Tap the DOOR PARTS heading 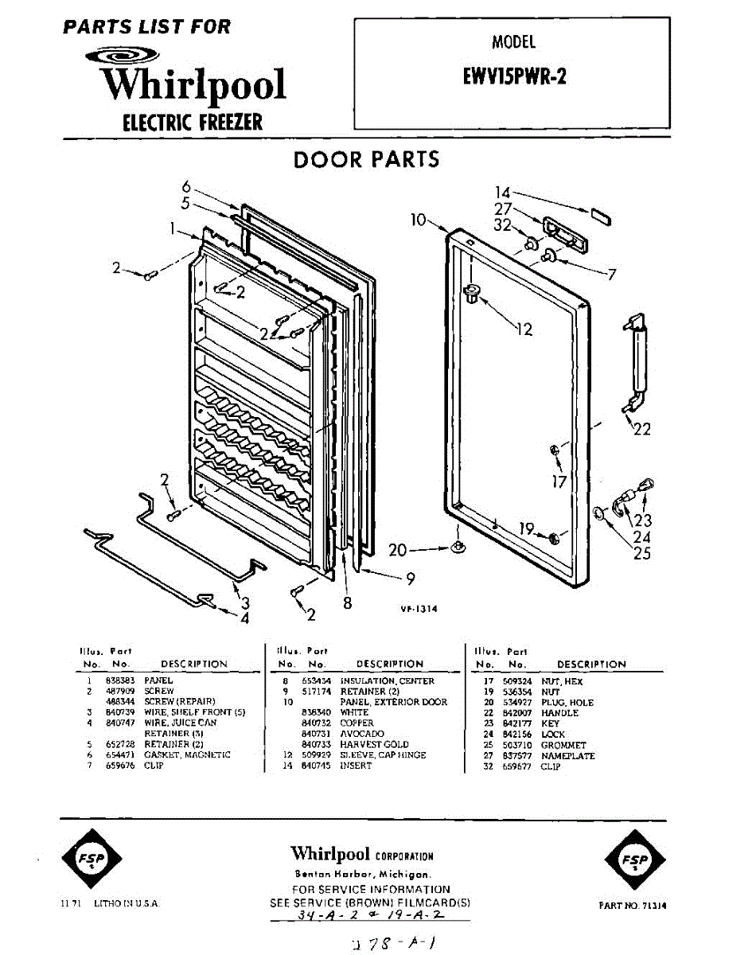366,159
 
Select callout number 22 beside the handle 641,430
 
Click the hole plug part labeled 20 459,548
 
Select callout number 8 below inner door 348,603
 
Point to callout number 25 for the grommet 642,553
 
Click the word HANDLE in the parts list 559,713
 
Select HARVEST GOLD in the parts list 374,744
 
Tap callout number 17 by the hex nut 559,481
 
